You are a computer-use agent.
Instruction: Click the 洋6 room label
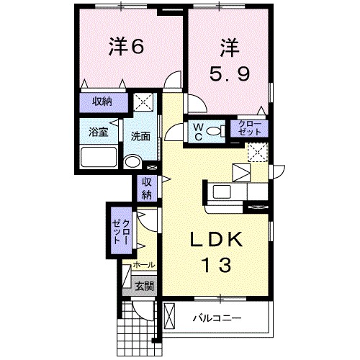127,47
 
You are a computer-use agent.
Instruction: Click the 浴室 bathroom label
99,132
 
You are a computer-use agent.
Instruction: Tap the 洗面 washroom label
140,135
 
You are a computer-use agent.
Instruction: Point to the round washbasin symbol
131,162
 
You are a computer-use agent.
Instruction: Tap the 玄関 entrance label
144,286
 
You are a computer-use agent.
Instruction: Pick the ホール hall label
143,266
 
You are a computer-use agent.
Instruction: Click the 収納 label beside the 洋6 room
102,102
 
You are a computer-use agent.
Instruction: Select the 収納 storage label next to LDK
146,188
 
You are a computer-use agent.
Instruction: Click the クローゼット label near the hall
121,233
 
